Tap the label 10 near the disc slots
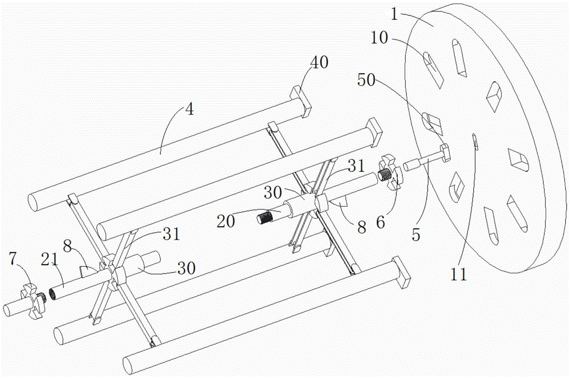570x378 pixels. click(x=380, y=38)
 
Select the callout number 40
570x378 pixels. click(x=319, y=62)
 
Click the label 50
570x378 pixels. click(x=366, y=80)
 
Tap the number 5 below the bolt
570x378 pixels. click(x=416, y=235)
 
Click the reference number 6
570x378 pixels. click(x=380, y=222)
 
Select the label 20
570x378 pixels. click(x=226, y=221)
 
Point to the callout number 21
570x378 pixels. click(x=50, y=259)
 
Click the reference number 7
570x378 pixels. click(x=13, y=259)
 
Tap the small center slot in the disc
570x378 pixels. click(x=474, y=141)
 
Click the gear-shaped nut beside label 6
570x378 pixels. click(x=391, y=173)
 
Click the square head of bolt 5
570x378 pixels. click(x=445, y=151)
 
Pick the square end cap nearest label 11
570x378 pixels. click(x=401, y=273)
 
